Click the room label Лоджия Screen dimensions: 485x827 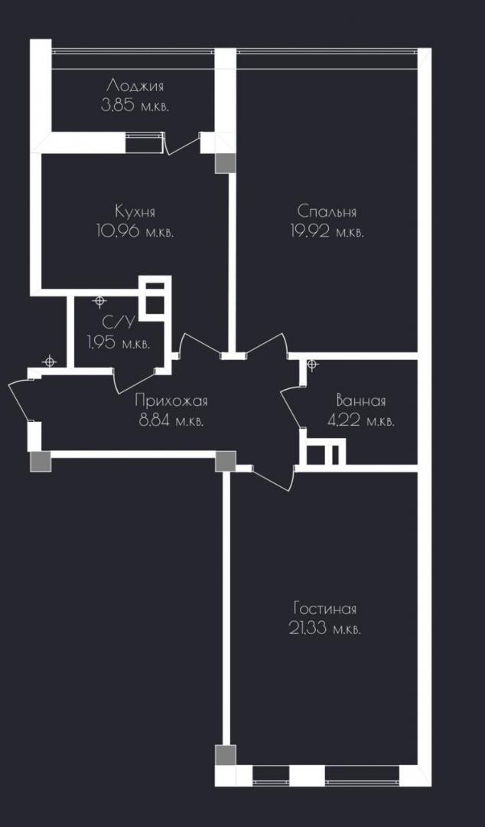click(x=135, y=87)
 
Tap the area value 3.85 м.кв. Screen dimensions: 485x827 click(x=135, y=106)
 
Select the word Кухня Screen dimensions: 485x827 click(x=135, y=211)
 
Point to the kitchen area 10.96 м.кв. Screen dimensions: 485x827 click(x=135, y=231)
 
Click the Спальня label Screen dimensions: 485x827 click(x=327, y=212)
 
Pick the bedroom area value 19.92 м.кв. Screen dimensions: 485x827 click(x=327, y=231)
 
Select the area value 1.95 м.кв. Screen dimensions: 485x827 click(x=119, y=344)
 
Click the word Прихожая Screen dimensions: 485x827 click(x=171, y=400)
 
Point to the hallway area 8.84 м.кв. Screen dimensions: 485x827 click(x=171, y=421)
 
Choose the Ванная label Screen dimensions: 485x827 click(x=361, y=401)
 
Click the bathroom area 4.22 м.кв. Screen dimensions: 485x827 click(x=360, y=421)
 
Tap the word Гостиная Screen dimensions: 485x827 click(x=325, y=610)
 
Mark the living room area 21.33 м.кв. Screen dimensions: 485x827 click(x=325, y=629)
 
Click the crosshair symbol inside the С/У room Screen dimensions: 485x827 click(x=99, y=301)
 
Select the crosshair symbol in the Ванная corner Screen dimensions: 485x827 click(x=312, y=364)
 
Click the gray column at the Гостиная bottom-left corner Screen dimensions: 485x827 click(x=226, y=755)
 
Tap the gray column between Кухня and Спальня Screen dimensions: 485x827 click(x=225, y=164)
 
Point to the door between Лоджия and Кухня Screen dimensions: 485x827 click(x=182, y=143)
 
